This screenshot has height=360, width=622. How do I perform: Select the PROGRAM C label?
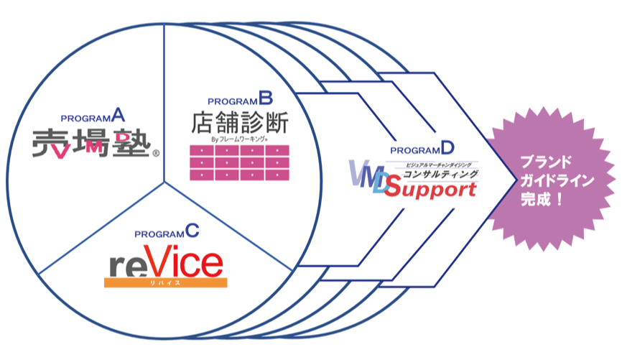[x=166, y=231]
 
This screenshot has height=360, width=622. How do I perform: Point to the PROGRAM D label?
[x=422, y=149]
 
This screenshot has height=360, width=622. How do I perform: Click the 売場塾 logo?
[x=92, y=143]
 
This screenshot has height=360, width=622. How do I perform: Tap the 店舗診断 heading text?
[x=239, y=121]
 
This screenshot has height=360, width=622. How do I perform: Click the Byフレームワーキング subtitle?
[x=239, y=139]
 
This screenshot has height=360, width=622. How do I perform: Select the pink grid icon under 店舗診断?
[x=239, y=162]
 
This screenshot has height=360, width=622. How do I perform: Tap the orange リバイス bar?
[x=166, y=283]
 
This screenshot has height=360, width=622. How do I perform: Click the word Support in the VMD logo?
[x=433, y=190]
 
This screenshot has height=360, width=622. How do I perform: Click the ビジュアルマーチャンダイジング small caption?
[x=436, y=165]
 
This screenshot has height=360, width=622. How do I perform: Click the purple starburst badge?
[x=552, y=180]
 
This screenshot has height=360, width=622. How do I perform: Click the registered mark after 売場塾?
[x=156, y=152]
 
